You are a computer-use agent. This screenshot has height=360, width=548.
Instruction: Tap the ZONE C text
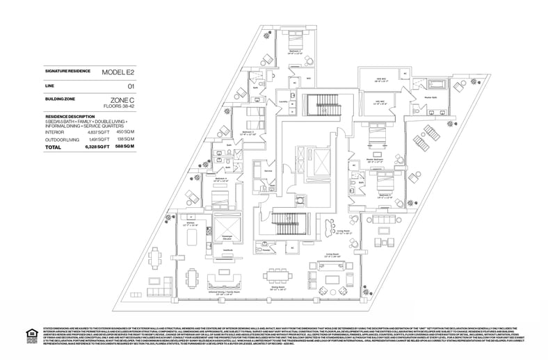pyautogui.click(x=122, y=100)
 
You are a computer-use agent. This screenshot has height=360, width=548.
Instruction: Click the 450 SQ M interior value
pyautogui.click(x=124, y=131)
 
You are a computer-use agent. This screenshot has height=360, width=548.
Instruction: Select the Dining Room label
pyautogui.click(x=279, y=286)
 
